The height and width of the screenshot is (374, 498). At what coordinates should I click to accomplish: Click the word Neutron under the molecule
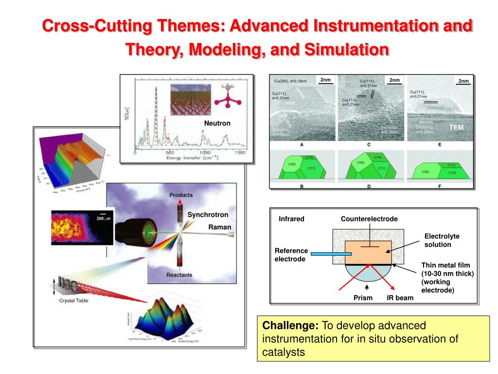coord(217,123)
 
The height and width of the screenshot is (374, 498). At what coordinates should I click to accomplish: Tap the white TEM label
coord(456,127)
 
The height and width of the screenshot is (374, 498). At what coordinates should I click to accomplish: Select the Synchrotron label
coord(208,215)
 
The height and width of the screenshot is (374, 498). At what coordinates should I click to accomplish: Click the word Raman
coord(220,227)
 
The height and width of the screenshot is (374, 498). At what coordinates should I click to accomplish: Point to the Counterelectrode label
coord(369,219)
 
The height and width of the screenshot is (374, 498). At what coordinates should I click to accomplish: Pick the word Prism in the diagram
coord(363,298)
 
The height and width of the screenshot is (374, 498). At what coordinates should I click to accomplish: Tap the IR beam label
coord(400,298)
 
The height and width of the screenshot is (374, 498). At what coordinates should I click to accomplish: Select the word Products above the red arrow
coord(180,195)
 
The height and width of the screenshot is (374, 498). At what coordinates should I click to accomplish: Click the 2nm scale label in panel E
coord(464,81)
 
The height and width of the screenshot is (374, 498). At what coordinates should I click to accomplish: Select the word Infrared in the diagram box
coord(291,219)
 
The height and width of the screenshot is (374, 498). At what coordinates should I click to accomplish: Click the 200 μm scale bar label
coord(104,219)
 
